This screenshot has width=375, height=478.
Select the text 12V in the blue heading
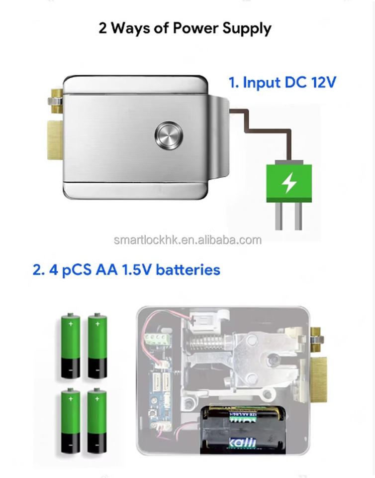[x=323, y=82]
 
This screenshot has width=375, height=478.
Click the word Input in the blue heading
[x=263, y=83]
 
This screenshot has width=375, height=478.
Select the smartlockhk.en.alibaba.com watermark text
[x=187, y=240]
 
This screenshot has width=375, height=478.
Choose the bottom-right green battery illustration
[x=96, y=421]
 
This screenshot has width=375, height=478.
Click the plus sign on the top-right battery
[x=97, y=324]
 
